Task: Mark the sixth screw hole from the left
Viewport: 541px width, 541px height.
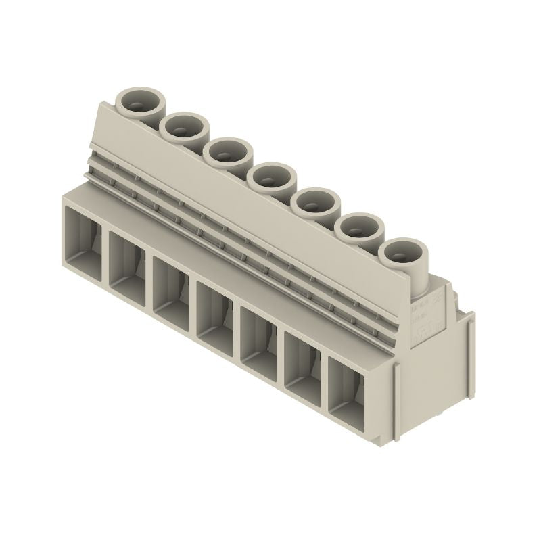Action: [359, 228]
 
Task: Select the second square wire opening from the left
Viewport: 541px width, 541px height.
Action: [127, 268]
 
